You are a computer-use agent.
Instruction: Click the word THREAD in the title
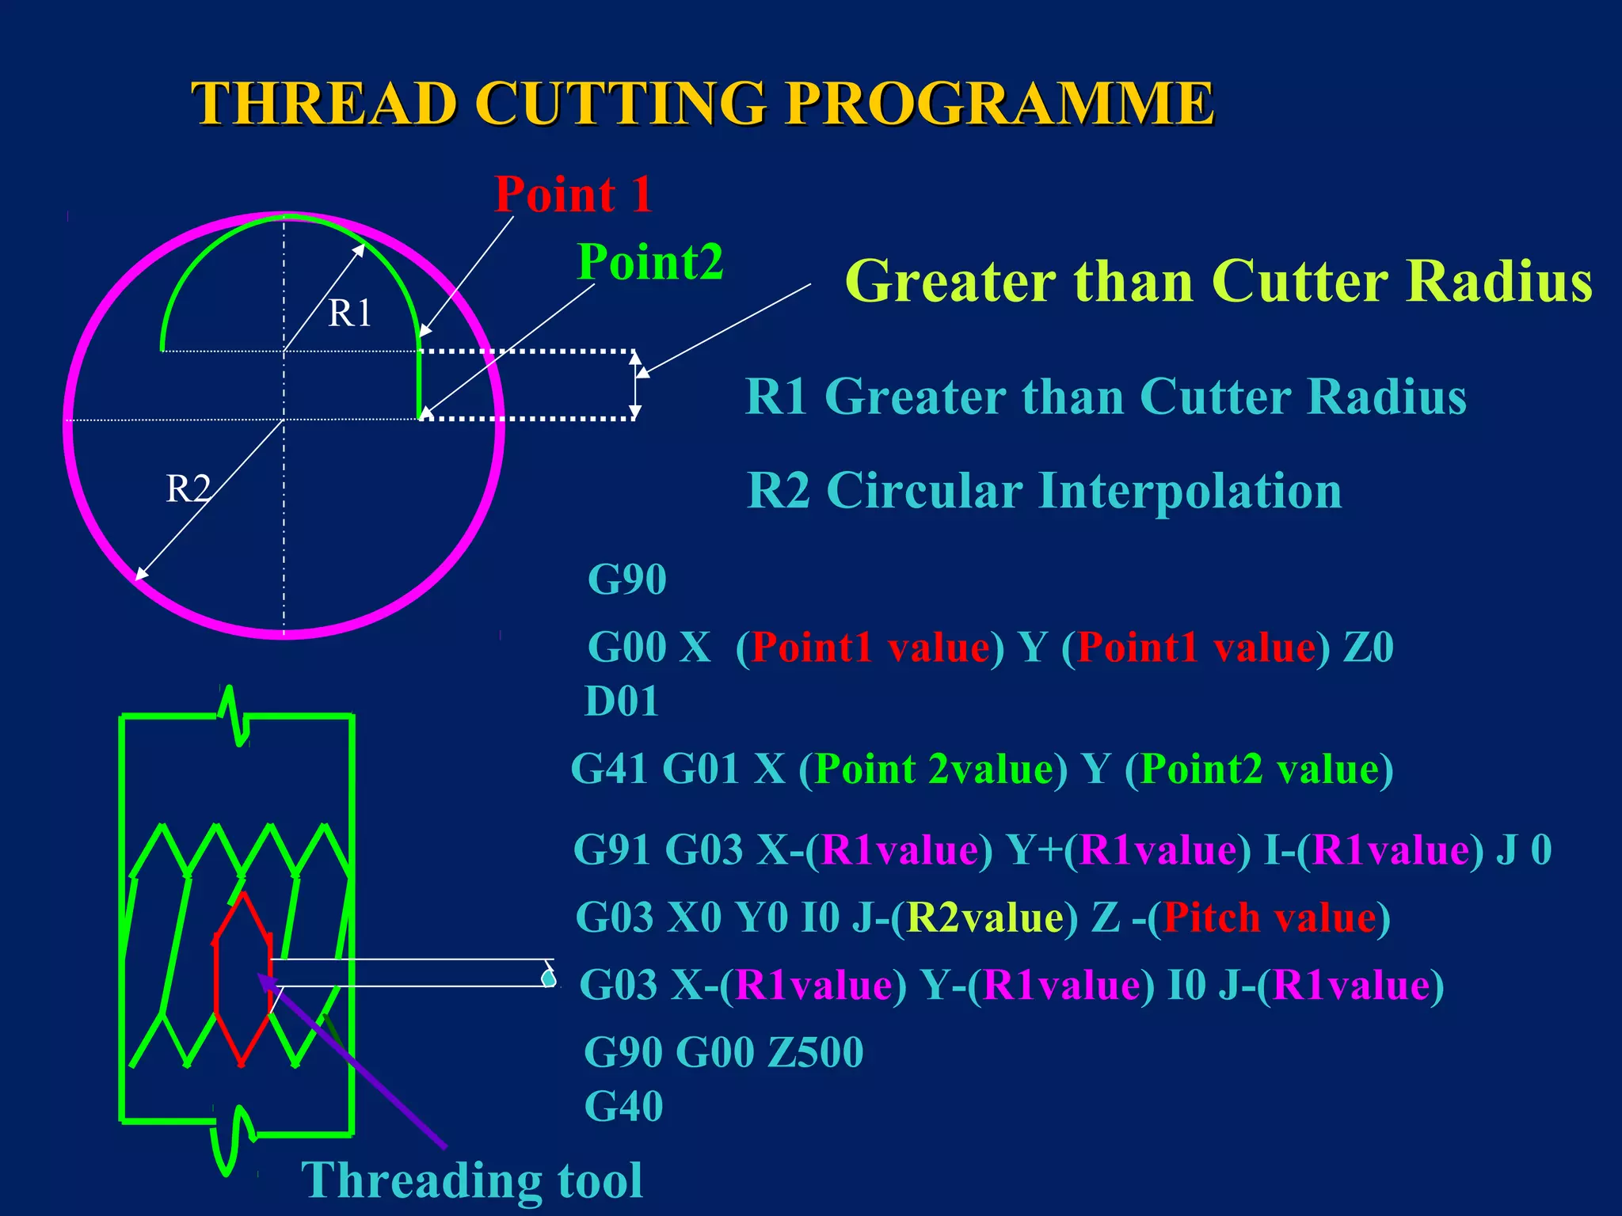[x=325, y=103]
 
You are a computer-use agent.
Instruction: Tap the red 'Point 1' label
[x=573, y=194]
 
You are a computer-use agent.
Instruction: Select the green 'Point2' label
[x=649, y=261]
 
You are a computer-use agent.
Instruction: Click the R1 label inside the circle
[x=349, y=313]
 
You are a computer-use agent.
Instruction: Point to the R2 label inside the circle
[x=188, y=488]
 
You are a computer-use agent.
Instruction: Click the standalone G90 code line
[x=626, y=579]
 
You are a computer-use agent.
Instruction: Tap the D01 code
[x=622, y=701]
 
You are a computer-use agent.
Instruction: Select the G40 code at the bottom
[x=623, y=1106]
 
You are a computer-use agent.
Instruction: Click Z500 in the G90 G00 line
[x=816, y=1052]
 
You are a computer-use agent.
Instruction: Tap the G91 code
[x=611, y=850]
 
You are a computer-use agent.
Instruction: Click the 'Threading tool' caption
[x=472, y=1180]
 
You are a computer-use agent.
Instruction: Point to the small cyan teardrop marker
[x=548, y=978]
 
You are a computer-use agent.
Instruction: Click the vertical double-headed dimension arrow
[x=635, y=385]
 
